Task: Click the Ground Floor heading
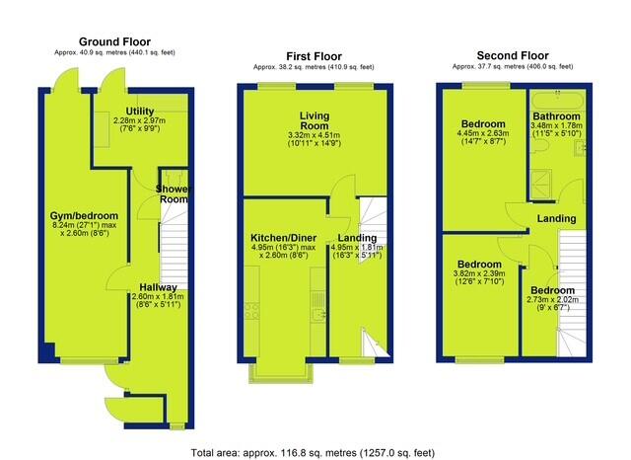114,41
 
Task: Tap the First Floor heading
314,56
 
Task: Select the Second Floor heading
513,55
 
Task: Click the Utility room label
140,112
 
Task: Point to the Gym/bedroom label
84,216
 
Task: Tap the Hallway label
158,287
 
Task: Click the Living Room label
315,120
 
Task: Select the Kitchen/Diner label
284,238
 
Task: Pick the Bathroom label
556,116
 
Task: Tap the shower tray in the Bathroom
541,185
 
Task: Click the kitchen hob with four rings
251,311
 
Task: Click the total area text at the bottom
313,453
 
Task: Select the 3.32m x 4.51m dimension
315,135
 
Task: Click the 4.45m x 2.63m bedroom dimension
483,133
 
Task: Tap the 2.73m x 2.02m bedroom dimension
552,299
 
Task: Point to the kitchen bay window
281,372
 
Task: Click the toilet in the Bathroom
537,148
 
